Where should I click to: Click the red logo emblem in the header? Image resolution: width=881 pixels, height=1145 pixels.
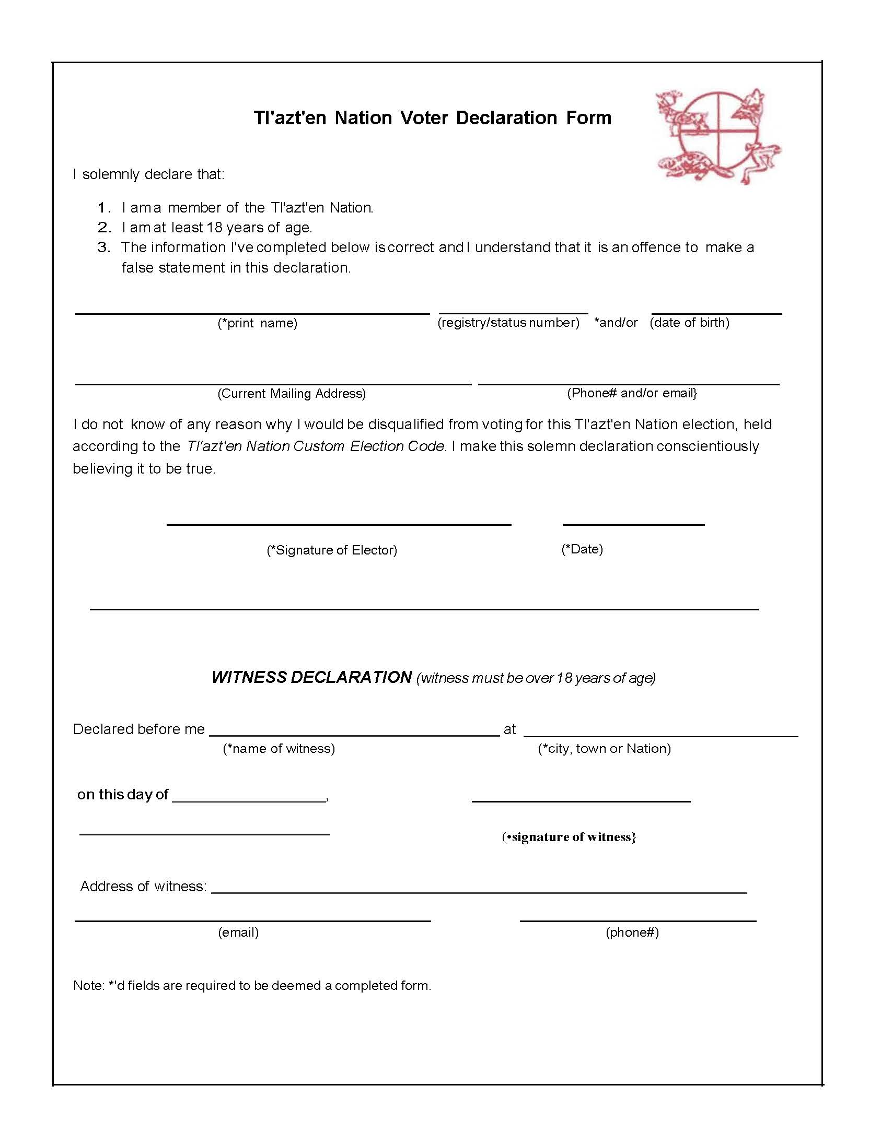pyautogui.click(x=717, y=136)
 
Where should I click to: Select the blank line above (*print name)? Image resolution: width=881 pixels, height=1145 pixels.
pyautogui.click(x=252, y=313)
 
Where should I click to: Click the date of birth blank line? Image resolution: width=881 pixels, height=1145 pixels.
pyautogui.click(x=716, y=313)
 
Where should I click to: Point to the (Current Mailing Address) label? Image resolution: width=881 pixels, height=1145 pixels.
pyautogui.click(x=292, y=394)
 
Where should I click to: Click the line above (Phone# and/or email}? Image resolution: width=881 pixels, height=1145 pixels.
pyautogui.click(x=628, y=384)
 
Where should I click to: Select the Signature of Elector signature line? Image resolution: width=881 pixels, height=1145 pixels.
pyautogui.click(x=339, y=524)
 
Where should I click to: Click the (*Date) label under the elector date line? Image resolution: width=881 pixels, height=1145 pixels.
pyautogui.click(x=582, y=549)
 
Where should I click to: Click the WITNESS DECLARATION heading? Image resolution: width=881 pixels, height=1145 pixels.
pyautogui.click(x=311, y=678)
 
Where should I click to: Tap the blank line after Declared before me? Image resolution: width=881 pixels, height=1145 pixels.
pyautogui.click(x=354, y=735)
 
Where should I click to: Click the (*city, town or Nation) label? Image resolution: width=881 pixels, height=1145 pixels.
pyautogui.click(x=604, y=749)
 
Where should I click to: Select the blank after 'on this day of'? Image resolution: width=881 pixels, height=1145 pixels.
pyautogui.click(x=249, y=801)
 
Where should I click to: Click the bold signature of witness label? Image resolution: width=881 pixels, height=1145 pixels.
pyautogui.click(x=569, y=837)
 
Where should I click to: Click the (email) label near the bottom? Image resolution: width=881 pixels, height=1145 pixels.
pyautogui.click(x=239, y=932)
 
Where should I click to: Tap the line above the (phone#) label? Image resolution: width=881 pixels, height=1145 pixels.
pyautogui.click(x=637, y=920)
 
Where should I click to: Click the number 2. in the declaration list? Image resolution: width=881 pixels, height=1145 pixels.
pyautogui.click(x=105, y=228)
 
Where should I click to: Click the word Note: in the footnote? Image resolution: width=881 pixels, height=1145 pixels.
pyautogui.click(x=89, y=986)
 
